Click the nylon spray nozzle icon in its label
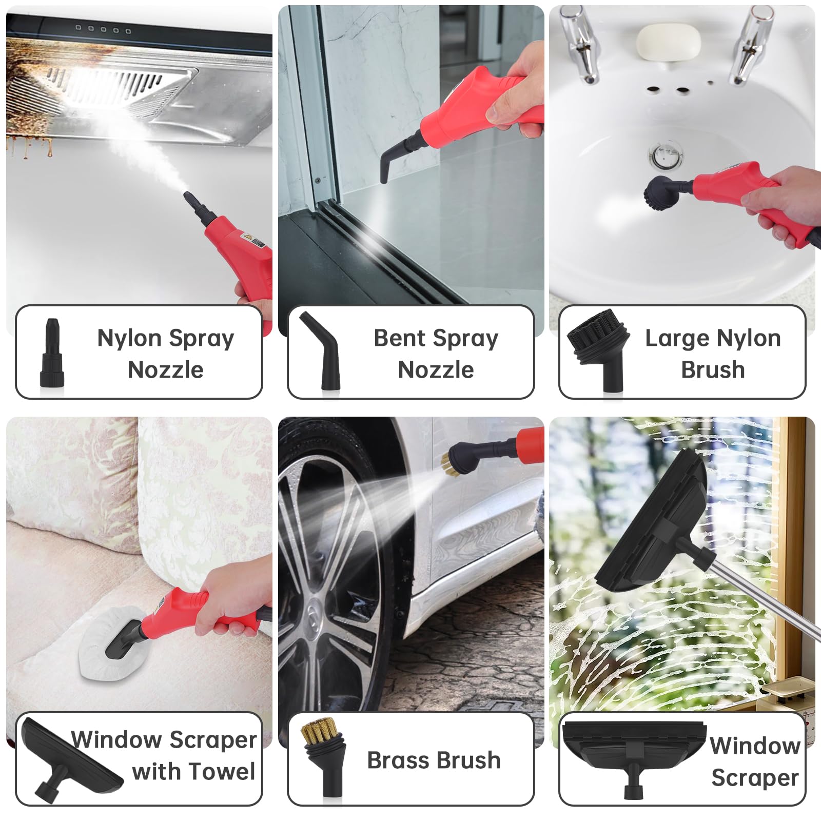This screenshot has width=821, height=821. click(x=52, y=353)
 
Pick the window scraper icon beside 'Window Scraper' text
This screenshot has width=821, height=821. click(x=634, y=754)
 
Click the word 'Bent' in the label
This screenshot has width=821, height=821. click(x=399, y=338)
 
